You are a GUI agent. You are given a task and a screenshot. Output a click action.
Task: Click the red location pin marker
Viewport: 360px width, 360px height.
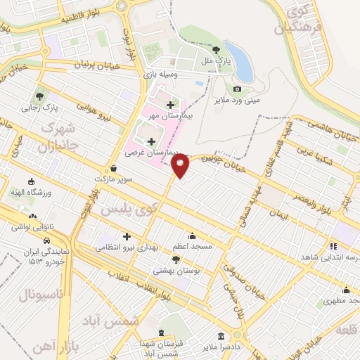click(x=181, y=165)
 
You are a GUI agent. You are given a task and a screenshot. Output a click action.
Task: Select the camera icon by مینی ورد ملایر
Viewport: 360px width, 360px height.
click(x=237, y=89)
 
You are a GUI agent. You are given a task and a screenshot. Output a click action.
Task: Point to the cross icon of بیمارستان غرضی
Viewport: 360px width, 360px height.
click(x=151, y=141)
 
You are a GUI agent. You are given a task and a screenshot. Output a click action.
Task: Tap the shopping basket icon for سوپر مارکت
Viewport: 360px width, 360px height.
click(x=114, y=169)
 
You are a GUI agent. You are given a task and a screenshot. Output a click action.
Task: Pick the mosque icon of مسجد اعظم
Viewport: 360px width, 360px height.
click(x=192, y=236)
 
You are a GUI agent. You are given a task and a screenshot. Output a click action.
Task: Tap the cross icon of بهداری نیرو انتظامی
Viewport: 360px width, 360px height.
click(x=127, y=236)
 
